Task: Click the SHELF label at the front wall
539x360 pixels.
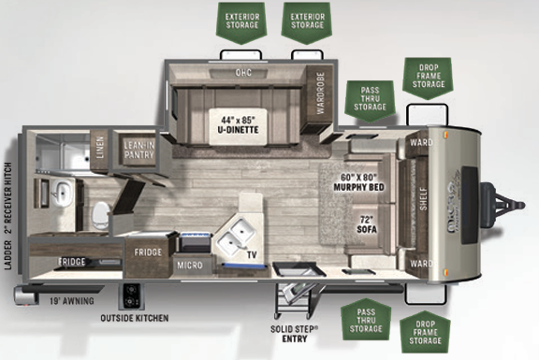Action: tap(423, 198)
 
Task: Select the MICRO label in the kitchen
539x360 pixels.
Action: tap(192, 266)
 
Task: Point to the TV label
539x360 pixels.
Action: tap(251, 252)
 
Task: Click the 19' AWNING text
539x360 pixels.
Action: tap(68, 301)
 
